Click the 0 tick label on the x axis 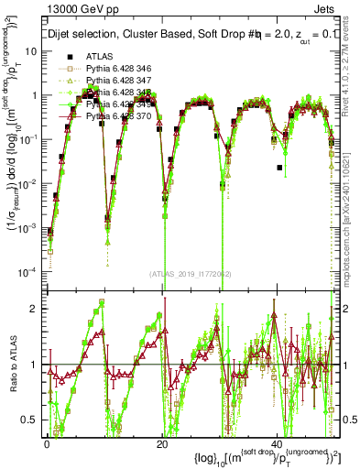coord(47,443)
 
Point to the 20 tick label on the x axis coord(162,443)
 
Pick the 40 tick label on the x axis coord(277,443)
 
